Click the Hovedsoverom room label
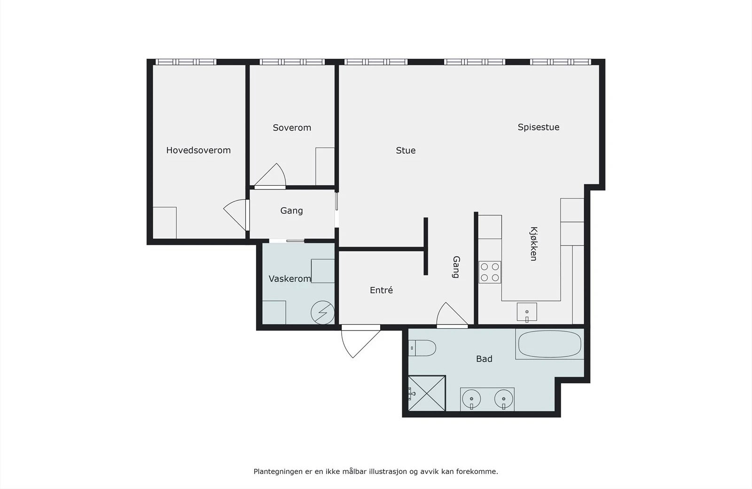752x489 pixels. [x=198, y=150]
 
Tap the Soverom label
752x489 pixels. [x=292, y=127]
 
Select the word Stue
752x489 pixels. [x=406, y=150]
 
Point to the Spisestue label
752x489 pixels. [x=538, y=127]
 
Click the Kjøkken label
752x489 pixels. [x=533, y=244]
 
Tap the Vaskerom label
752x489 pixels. [x=290, y=279]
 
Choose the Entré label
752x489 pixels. [x=381, y=290]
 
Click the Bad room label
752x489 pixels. [x=484, y=359]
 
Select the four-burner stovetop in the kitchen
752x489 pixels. [x=490, y=272]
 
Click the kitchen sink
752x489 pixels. [x=527, y=312]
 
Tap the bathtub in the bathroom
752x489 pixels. [x=549, y=344]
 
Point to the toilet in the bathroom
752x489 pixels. [x=422, y=348]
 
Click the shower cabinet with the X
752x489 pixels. [x=427, y=393]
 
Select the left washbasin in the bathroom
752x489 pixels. [x=471, y=400]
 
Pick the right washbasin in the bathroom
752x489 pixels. [x=503, y=400]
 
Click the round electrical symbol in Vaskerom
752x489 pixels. [x=322, y=312]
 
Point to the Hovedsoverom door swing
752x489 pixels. [x=235, y=215]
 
